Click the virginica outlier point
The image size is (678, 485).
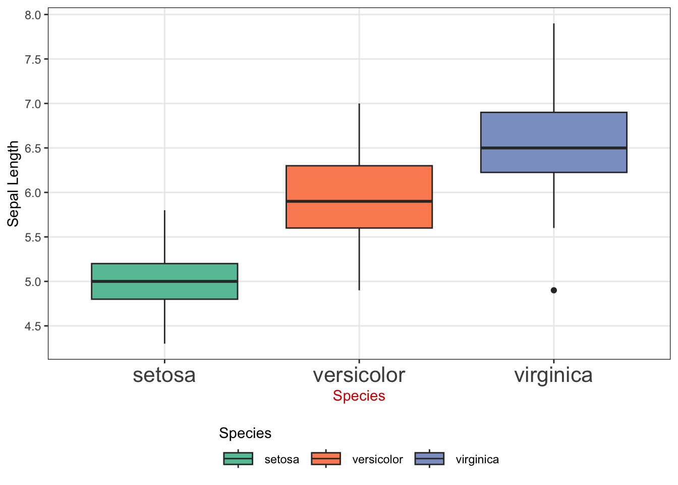click(x=553, y=290)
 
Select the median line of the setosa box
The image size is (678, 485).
click(x=164, y=281)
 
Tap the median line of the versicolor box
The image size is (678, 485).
click(x=359, y=201)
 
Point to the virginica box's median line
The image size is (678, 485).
click(x=553, y=148)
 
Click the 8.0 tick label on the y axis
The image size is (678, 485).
click(x=33, y=15)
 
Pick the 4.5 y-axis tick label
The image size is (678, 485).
click(x=33, y=326)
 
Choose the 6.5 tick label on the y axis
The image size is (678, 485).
click(x=33, y=149)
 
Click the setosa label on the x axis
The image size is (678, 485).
click(x=164, y=375)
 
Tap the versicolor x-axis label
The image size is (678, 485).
click(x=359, y=375)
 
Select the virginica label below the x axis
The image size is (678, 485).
click(x=553, y=376)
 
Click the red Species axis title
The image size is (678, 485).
click(x=359, y=396)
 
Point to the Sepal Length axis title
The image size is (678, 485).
click(x=13, y=184)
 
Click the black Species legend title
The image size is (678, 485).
click(x=245, y=433)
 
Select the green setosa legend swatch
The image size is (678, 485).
click(x=238, y=459)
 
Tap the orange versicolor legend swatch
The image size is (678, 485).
click(x=326, y=459)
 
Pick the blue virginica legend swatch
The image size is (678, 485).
click(x=429, y=459)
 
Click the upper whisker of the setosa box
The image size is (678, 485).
click(x=164, y=237)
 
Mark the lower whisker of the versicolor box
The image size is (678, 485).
click(x=359, y=259)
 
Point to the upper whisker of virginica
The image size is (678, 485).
click(x=554, y=68)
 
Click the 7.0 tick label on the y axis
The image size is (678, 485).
click(x=33, y=104)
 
